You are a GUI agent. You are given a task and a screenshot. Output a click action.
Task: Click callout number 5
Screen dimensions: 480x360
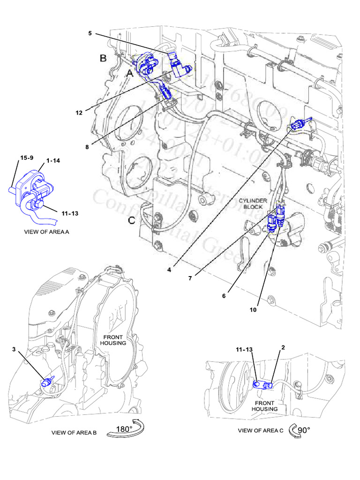tap(90, 33)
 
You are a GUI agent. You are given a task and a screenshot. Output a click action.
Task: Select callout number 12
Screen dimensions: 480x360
tap(79, 112)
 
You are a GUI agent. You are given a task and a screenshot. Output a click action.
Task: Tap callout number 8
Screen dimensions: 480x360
tap(87, 147)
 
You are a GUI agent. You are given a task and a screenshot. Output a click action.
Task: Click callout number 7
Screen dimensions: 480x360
tap(191, 278)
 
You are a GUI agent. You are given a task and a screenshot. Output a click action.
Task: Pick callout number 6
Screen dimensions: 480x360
tap(224, 296)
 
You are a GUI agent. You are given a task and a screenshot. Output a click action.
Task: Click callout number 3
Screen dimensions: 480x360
tap(14, 349)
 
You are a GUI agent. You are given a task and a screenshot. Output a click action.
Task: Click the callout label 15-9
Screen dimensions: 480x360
tap(26, 157)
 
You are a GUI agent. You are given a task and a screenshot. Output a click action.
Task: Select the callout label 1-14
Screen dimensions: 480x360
tap(52, 160)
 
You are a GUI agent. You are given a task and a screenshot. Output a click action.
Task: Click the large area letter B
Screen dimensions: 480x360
tap(103, 58)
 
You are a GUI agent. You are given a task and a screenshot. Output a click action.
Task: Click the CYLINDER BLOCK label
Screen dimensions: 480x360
tap(253, 203)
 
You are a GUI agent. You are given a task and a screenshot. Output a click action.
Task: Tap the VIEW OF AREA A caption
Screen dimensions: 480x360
tap(46, 232)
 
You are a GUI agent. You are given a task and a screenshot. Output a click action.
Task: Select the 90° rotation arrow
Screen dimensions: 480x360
tap(300, 430)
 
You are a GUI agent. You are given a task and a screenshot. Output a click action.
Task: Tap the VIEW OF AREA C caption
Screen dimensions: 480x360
tap(261, 430)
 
